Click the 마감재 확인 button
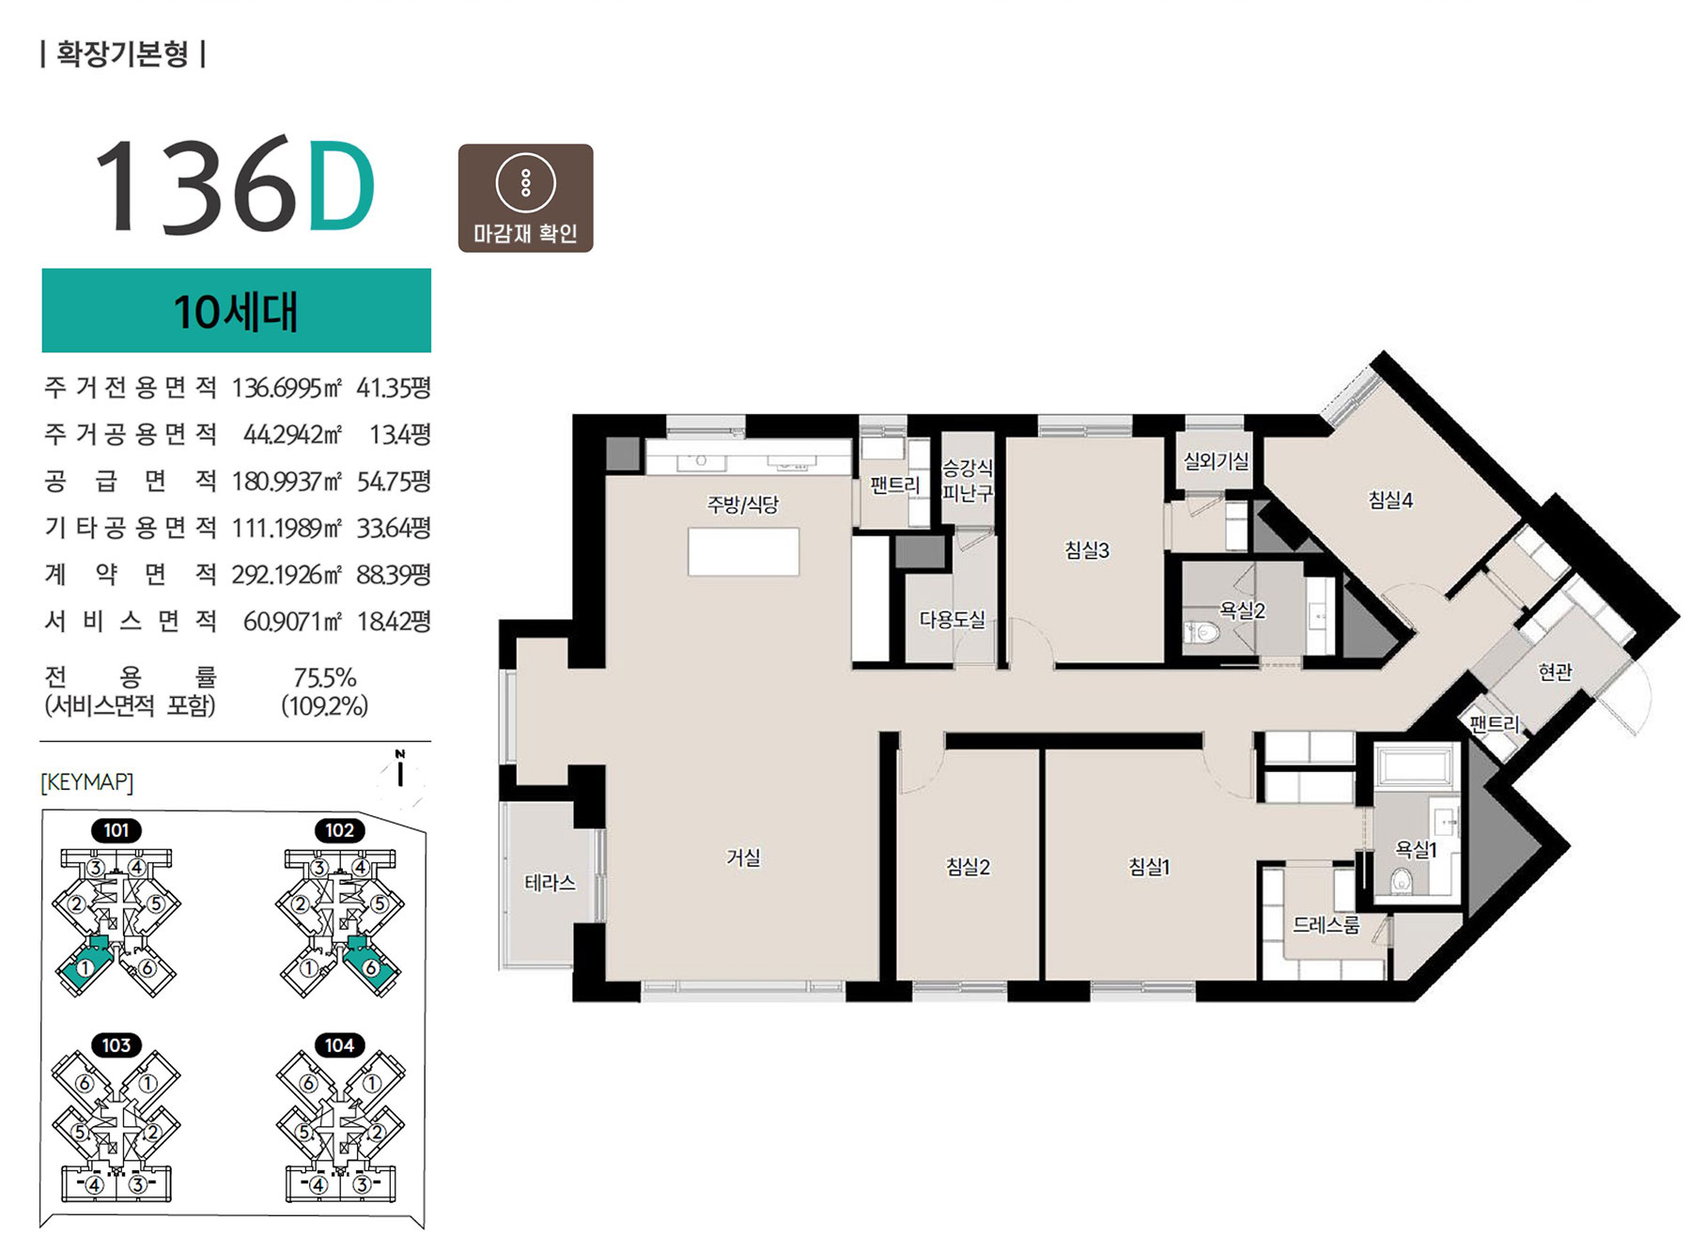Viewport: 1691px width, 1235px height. pos(525,198)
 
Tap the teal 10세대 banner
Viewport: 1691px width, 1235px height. pos(236,311)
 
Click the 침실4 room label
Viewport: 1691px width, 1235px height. pos(1390,500)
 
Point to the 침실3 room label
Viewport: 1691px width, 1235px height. pos(1087,550)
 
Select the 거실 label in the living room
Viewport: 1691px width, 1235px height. pos(743,857)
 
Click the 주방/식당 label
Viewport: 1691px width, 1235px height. pos(743,505)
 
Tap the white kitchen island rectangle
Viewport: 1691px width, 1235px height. pos(743,551)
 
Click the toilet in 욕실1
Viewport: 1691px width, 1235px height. pos(1402,880)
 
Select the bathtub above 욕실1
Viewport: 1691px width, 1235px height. pos(1418,765)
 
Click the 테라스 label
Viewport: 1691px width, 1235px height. pos(550,883)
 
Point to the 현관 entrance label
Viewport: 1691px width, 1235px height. pos(1555,672)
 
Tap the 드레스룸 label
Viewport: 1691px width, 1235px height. pos(1326,925)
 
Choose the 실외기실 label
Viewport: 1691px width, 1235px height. pos(1216,461)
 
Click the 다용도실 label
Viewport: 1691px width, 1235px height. pos(952,620)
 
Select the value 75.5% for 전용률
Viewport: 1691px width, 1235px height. pos(325,677)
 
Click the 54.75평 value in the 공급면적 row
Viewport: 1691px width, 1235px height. pos(394,481)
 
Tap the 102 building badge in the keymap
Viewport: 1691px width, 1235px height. pos(339,830)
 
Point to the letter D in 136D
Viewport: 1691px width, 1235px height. pos(341,185)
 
